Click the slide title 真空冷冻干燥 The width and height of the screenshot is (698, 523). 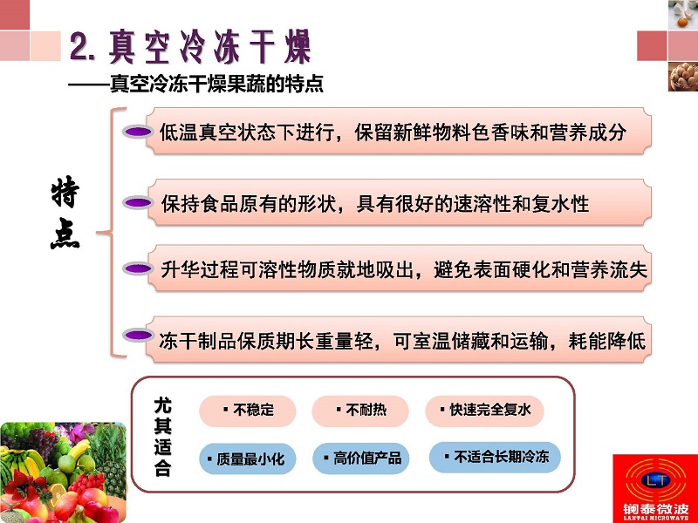click(x=210, y=47)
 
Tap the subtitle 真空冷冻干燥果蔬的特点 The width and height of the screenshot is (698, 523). click(x=216, y=84)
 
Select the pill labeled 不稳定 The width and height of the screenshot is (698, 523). click(x=248, y=411)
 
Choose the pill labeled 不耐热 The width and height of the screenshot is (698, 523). click(x=360, y=411)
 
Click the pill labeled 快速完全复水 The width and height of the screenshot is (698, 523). click(x=484, y=411)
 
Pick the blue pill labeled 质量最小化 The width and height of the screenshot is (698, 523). click(x=248, y=458)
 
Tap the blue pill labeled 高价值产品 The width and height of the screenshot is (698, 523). click(x=360, y=458)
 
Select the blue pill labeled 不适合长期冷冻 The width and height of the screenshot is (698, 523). click(x=495, y=457)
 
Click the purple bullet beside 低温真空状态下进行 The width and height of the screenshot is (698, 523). click(x=138, y=132)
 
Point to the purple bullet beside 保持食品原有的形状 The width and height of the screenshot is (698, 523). click(x=138, y=203)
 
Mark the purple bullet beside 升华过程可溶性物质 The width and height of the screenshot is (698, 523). click(x=138, y=268)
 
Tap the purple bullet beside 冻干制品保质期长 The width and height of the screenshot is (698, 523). click(x=138, y=335)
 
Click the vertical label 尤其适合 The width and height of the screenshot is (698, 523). click(x=162, y=437)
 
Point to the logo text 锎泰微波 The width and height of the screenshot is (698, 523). click(x=655, y=509)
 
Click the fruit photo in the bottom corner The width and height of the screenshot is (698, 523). click(x=63, y=472)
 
